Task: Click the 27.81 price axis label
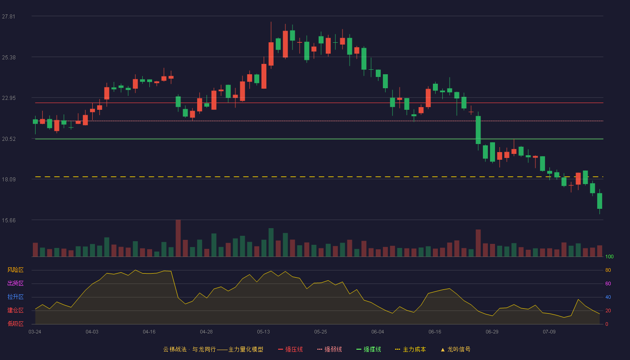9,17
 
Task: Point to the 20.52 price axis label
9,139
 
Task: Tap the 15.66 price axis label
9,220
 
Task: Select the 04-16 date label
149,332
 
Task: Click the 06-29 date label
492,332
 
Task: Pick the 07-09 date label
549,332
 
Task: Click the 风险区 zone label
15,270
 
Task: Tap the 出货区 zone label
15,283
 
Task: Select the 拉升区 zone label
15,297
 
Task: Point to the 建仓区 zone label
15,310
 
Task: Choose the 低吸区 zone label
15,324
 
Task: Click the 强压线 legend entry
290,350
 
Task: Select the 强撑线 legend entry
369,350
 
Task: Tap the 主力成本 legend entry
410,350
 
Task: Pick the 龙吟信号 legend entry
455,350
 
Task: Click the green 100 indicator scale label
609,256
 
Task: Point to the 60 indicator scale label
608,283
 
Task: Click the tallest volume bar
178,238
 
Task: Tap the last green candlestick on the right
599,201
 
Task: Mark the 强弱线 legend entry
329,350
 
